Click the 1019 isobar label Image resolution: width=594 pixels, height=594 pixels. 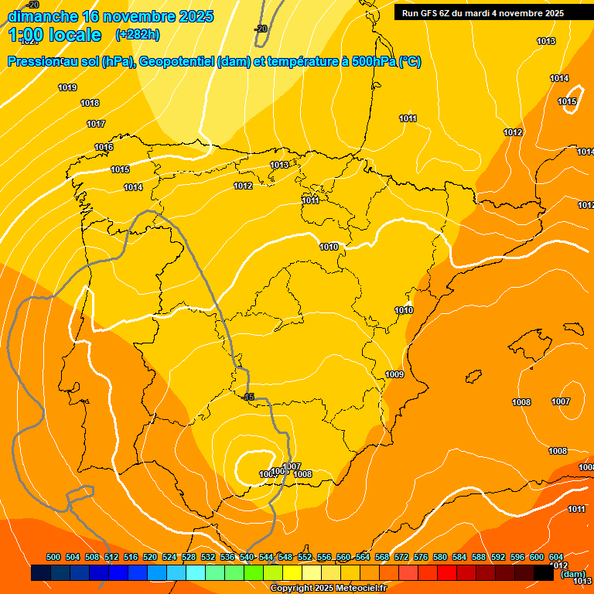[67, 87]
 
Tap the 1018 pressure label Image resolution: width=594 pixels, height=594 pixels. [90, 103]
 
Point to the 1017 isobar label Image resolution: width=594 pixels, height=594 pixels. [96, 124]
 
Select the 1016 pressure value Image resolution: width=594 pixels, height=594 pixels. [104, 147]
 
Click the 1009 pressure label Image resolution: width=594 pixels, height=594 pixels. [394, 374]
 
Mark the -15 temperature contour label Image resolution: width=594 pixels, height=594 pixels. [247, 397]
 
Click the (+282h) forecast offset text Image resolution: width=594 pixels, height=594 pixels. [137, 34]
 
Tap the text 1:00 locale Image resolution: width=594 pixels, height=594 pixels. [54, 35]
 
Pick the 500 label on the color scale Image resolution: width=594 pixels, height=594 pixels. [53, 557]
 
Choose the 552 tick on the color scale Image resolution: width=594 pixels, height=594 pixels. [305, 557]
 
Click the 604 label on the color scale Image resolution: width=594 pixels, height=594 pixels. [556, 557]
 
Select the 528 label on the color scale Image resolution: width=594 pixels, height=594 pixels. [189, 557]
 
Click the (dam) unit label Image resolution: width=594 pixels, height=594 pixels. [573, 574]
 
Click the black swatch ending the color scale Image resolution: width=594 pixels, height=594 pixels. [543, 573]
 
